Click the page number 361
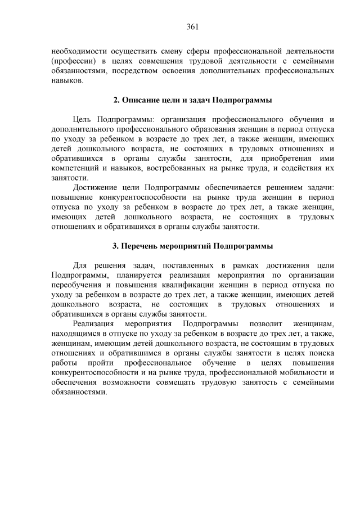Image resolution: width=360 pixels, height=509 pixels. tap(193, 26)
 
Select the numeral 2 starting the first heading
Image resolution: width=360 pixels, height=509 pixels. tap(115, 100)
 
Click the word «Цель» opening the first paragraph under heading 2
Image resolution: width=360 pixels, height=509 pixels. tap(83, 119)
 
